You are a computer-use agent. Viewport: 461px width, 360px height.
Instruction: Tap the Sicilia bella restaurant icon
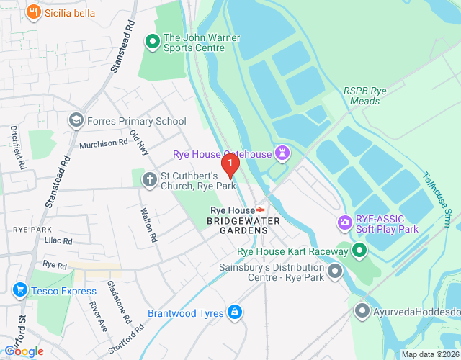33,12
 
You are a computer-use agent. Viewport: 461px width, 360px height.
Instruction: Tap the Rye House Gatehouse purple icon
282,153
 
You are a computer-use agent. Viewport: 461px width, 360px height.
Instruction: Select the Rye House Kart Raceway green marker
359,251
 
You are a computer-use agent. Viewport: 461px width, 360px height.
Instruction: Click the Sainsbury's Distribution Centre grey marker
334,272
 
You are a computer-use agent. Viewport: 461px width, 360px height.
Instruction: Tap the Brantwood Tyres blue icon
233,312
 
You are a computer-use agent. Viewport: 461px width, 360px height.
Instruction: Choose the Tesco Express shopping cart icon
19,291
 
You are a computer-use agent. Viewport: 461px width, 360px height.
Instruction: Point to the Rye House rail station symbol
260,210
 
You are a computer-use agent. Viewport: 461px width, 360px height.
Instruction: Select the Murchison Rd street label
103,143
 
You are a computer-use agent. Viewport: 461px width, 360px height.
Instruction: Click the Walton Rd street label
148,225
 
